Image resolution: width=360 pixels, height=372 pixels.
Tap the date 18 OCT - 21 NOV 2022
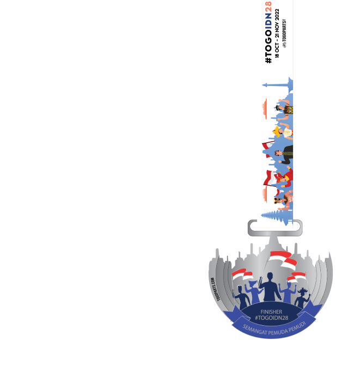point(277,33)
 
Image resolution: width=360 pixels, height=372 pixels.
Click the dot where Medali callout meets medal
point(206,273)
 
